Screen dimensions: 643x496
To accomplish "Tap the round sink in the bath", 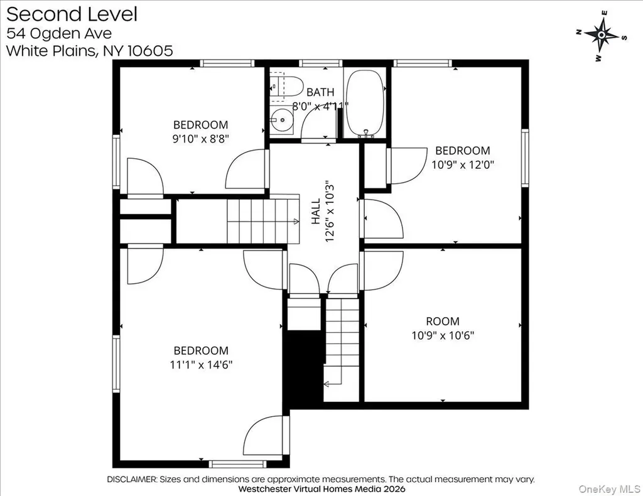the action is coord(281,120).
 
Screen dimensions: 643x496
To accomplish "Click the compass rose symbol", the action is coord(601,36).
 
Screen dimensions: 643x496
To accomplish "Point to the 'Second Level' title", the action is coord(72,14).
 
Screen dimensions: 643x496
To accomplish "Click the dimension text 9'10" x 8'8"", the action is coord(200,139).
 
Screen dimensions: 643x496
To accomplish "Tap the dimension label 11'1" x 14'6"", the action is coord(201,364).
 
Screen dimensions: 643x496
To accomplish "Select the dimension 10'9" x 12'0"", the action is coord(463,164).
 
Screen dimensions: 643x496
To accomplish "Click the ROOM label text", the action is coord(443,321).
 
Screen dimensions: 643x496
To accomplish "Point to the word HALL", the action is coord(316,212).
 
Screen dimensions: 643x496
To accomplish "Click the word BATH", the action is coord(320,92).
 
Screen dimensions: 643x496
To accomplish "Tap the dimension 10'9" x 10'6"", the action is coord(443,335).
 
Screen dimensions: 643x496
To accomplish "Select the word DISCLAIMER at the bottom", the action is coord(132,479).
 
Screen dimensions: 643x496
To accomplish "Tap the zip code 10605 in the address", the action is coord(151,51).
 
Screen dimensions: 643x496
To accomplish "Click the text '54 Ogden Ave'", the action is coord(59,33).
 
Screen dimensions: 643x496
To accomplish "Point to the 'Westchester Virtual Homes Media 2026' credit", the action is coord(321,488).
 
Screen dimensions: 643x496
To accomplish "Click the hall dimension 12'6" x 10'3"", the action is coord(330,212).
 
